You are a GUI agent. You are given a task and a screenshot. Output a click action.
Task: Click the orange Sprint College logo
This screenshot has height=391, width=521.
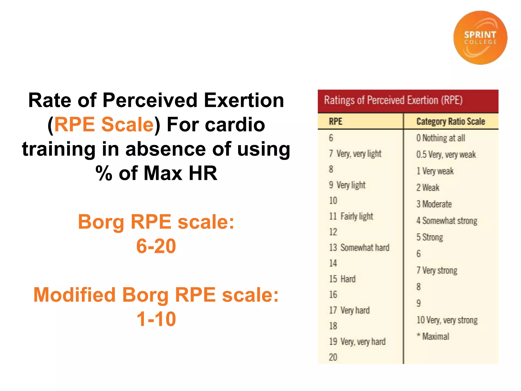[x=480, y=38]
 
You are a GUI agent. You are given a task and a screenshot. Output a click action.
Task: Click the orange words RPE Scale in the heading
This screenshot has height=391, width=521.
[x=104, y=124]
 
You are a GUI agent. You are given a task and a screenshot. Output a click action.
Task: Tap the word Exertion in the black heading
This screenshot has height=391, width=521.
[x=244, y=100]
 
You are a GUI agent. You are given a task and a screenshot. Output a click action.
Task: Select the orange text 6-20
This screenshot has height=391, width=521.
[x=156, y=246]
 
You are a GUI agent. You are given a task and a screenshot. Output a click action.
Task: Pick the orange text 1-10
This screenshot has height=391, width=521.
[x=156, y=319]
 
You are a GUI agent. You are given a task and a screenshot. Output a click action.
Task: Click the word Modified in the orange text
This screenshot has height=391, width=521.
[x=75, y=295]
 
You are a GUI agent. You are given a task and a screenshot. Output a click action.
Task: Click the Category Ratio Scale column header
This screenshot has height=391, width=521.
[x=451, y=122]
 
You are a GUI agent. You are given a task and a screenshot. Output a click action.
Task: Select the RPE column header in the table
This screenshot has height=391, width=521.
[x=336, y=121]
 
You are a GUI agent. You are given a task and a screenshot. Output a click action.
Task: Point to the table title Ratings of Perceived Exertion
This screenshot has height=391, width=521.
[x=393, y=100]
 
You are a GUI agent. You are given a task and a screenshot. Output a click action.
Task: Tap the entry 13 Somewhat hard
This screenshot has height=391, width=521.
[x=359, y=247]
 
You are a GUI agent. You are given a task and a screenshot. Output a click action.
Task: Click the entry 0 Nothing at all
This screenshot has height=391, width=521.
[x=441, y=138]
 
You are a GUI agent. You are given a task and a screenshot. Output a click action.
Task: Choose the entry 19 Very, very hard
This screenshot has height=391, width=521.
[x=357, y=342]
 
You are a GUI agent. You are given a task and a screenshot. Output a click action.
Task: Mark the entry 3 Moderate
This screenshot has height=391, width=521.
[x=434, y=204]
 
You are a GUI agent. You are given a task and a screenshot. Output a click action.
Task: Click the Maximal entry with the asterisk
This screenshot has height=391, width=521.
[x=433, y=337]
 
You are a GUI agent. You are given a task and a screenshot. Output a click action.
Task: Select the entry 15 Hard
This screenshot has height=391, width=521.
[x=342, y=279]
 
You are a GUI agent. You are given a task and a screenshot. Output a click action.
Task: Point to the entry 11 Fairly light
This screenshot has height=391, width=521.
[x=351, y=216]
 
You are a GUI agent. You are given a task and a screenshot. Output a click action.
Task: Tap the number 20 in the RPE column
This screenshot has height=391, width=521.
[x=333, y=357]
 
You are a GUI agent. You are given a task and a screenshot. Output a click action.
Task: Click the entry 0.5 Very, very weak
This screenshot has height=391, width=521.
[x=446, y=155]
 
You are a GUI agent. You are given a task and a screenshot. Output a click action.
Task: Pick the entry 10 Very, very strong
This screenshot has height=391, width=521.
[x=447, y=320]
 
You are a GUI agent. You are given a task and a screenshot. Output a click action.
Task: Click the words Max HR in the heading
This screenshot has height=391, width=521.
[x=180, y=173]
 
